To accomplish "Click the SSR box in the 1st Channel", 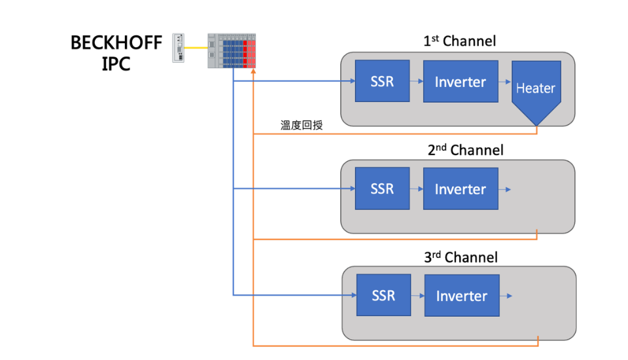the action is click(382, 81).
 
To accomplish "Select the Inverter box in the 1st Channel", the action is click(461, 81).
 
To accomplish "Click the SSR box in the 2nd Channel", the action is click(382, 189).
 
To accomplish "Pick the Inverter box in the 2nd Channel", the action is click(461, 189).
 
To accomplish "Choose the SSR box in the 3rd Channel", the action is click(384, 295).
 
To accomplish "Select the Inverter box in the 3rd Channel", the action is click(462, 295).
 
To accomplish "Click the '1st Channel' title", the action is click(460, 41).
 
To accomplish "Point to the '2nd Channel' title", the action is click(465, 150).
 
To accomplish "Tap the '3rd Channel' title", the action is click(461, 257).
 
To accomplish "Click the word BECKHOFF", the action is click(116, 43).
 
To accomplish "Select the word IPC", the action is click(116, 63).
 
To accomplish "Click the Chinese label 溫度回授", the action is click(302, 125).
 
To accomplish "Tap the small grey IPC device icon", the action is click(178, 48).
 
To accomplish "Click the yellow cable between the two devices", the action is click(196, 48).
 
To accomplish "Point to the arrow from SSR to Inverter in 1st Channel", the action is click(417, 81).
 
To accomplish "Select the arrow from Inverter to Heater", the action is click(505, 82).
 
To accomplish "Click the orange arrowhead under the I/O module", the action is click(253, 71).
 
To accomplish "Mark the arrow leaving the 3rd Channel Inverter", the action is click(506, 296).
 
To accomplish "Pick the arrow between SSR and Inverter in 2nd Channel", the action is click(417, 189).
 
